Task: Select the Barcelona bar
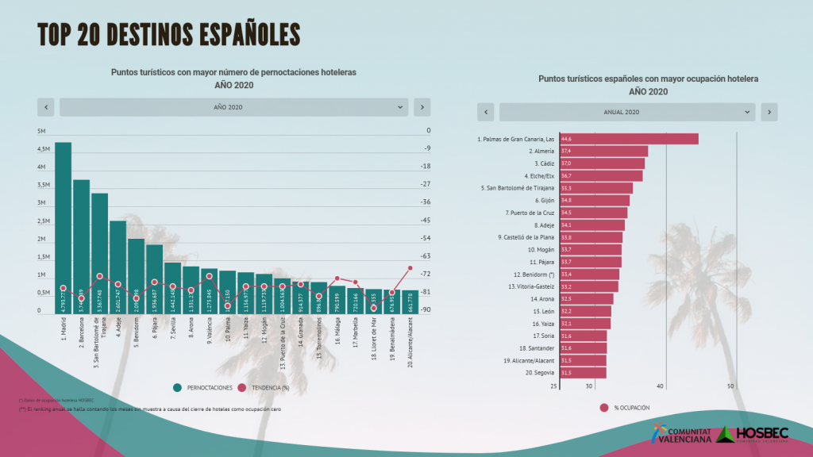click(x=81, y=246)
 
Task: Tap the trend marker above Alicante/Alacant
click(x=410, y=268)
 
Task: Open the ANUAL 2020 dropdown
click(x=627, y=113)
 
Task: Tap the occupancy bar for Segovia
click(x=583, y=373)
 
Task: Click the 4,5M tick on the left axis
click(x=44, y=149)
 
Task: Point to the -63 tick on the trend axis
click(x=426, y=256)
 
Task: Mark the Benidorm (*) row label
click(x=535, y=275)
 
